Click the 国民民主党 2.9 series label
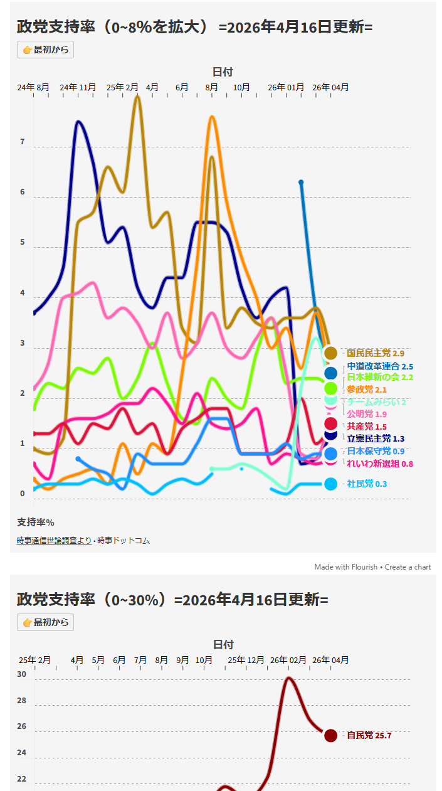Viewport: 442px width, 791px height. tap(375, 354)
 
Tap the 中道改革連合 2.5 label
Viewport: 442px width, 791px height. tap(380, 366)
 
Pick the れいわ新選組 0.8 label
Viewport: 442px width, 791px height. tap(380, 464)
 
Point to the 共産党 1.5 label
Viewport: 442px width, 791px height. tap(367, 427)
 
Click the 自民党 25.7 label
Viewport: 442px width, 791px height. tap(369, 735)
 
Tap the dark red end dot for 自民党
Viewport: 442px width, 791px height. tap(331, 735)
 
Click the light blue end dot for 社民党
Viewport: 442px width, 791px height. tap(331, 484)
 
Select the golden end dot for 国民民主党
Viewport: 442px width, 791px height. tap(331, 353)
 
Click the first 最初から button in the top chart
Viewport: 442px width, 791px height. tap(45, 50)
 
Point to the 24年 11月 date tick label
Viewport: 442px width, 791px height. tap(78, 88)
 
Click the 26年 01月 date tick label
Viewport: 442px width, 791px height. tap(286, 88)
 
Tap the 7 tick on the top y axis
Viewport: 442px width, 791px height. tap(23, 142)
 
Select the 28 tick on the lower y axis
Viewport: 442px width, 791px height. tap(22, 701)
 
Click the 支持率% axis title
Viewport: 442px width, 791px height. tap(36, 522)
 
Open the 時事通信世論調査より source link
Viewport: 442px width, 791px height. tap(54, 540)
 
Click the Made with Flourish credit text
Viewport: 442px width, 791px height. tap(346, 567)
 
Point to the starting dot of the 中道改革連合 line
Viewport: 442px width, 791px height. tap(301, 182)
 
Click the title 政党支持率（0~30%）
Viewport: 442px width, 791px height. tap(95, 600)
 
